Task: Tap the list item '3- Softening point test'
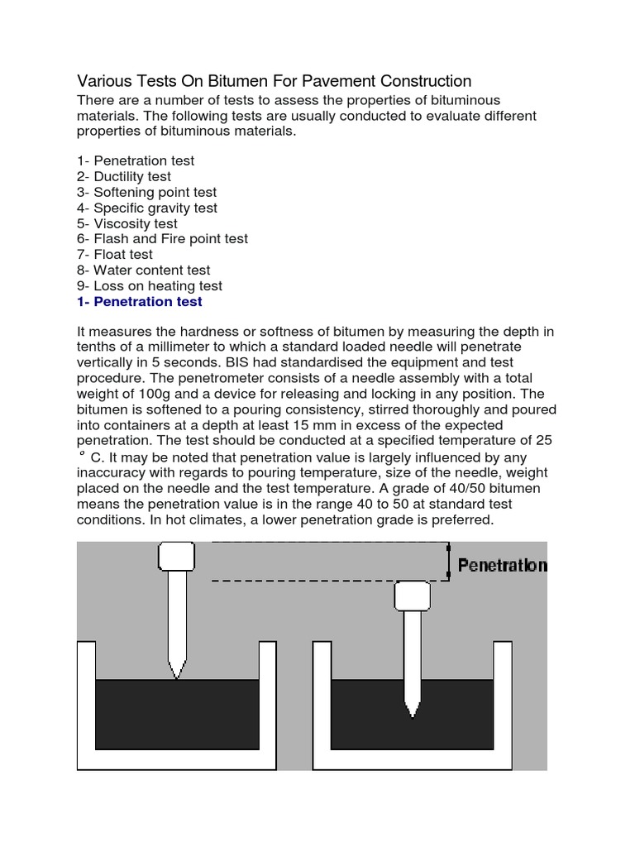tap(146, 192)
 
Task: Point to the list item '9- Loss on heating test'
tap(149, 286)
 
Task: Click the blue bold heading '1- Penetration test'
tap(139, 302)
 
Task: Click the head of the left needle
tap(176, 556)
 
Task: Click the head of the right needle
tap(411, 595)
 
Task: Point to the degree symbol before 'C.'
tap(82, 454)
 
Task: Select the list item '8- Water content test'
tap(143, 270)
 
